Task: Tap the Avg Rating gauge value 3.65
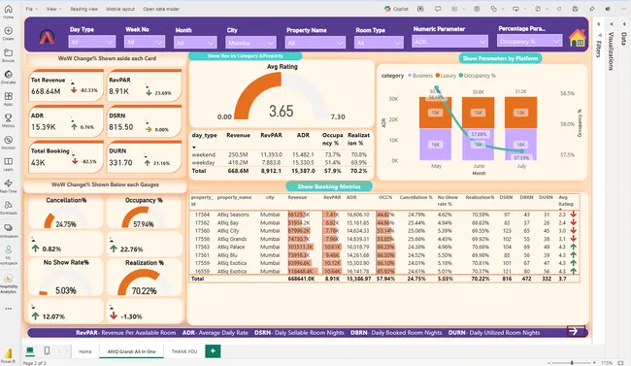[281, 110]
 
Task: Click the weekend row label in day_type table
[204, 153]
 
